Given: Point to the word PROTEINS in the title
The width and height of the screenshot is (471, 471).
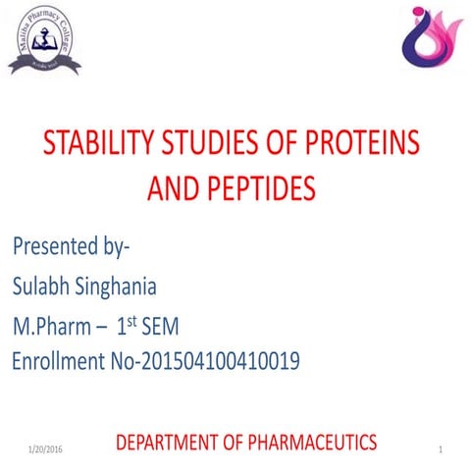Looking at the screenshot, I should (x=364, y=145).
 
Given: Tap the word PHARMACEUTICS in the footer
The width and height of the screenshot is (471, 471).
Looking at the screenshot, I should (x=314, y=443).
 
